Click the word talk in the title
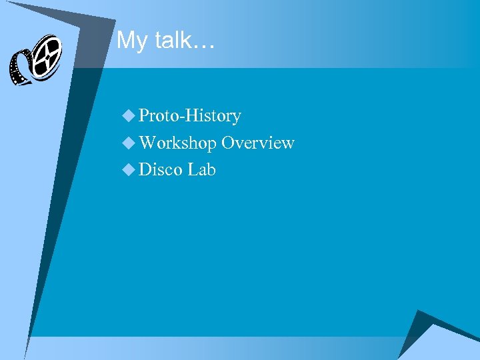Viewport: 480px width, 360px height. click(172, 41)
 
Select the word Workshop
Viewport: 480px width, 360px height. click(177, 143)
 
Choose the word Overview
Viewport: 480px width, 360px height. click(258, 143)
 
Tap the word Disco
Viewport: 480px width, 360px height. click(161, 169)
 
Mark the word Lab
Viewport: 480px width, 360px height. click(202, 169)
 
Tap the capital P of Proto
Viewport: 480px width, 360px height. click(144, 116)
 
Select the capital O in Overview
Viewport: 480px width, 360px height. click(228, 143)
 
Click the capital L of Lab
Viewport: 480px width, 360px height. click(193, 169)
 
